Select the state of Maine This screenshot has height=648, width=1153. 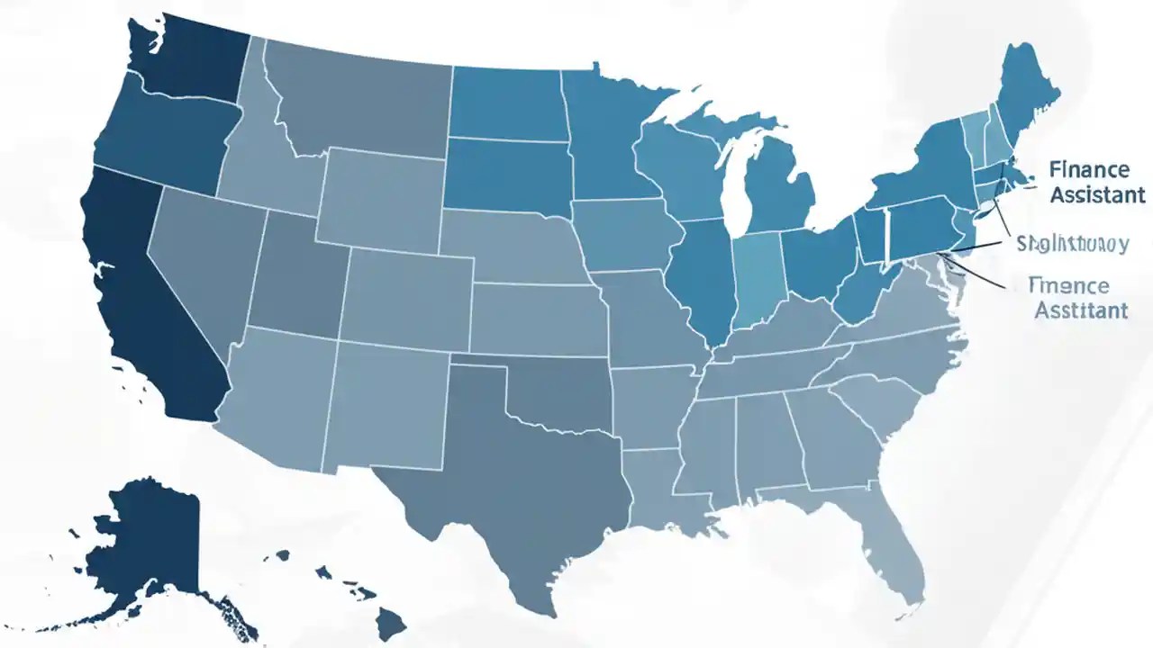tap(1022, 90)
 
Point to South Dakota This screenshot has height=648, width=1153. tap(506, 175)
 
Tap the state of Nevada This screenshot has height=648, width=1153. tap(194, 261)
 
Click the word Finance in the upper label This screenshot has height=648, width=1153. tap(1087, 170)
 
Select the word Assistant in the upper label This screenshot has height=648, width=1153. tap(1097, 194)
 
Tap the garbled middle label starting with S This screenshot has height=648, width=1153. tap(1072, 244)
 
